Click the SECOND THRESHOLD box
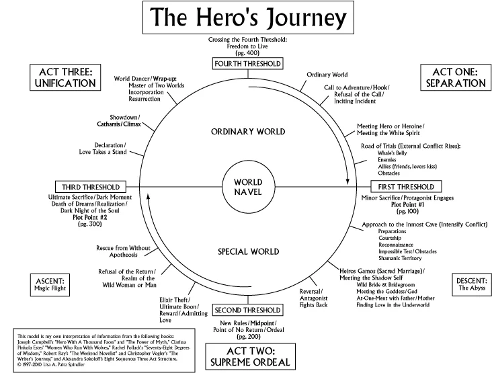[x=247, y=310]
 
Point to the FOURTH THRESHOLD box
[x=247, y=64]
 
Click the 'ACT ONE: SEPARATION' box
[x=453, y=77]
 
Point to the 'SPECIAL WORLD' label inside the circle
[x=247, y=251]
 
